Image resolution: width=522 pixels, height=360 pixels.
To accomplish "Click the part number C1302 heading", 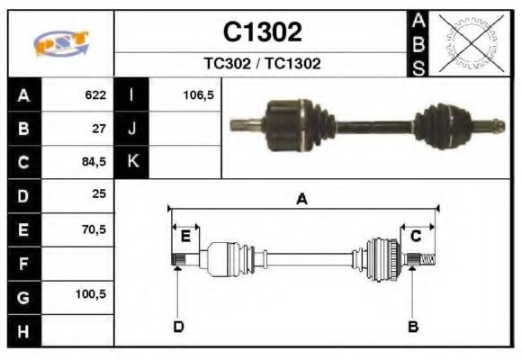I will (262, 32).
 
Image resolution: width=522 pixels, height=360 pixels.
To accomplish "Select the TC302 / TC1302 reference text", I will (262, 64).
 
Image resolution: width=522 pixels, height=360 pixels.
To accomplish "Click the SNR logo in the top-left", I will (61, 44).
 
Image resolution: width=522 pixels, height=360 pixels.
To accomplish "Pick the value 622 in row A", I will (94, 94).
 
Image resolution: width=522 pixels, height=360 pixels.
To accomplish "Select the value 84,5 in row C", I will (93, 162).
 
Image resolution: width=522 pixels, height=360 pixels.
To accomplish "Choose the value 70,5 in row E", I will (93, 229).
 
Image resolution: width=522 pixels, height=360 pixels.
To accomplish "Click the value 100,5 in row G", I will (91, 294).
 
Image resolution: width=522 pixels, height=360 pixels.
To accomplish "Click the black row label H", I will (23, 331).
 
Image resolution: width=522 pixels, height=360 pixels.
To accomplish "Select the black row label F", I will (23, 264).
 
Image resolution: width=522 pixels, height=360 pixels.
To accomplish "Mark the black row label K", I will (133, 162).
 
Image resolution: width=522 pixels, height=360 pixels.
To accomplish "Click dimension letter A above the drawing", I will (302, 200).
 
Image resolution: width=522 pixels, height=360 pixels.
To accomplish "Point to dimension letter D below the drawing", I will (178, 326).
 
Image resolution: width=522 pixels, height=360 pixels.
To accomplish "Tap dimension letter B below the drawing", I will (413, 326).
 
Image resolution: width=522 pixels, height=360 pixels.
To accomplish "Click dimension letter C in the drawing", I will (416, 236).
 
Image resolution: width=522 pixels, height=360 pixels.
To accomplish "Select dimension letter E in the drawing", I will (185, 236).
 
